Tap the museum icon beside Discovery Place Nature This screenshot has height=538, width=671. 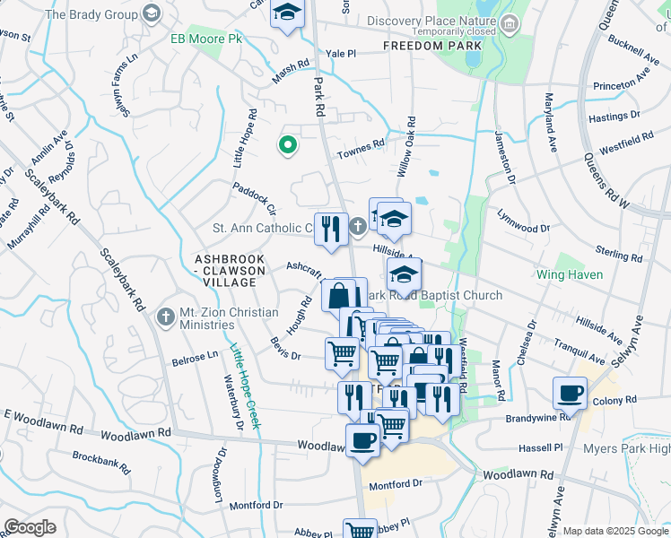coord(510,22)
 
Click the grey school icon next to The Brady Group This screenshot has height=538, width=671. coord(151,14)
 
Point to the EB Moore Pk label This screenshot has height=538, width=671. coord(201,39)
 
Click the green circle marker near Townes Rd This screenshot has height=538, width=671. coord(288,143)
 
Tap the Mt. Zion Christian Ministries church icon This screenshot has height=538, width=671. coord(164,317)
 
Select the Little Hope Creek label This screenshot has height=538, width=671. coord(241,386)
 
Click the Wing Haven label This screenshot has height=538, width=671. coord(570,274)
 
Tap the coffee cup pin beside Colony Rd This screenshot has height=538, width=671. coord(570,391)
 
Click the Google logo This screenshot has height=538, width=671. coord(30,526)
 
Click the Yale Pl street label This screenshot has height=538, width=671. coord(341,54)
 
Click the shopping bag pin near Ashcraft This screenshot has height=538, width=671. coord(340,294)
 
